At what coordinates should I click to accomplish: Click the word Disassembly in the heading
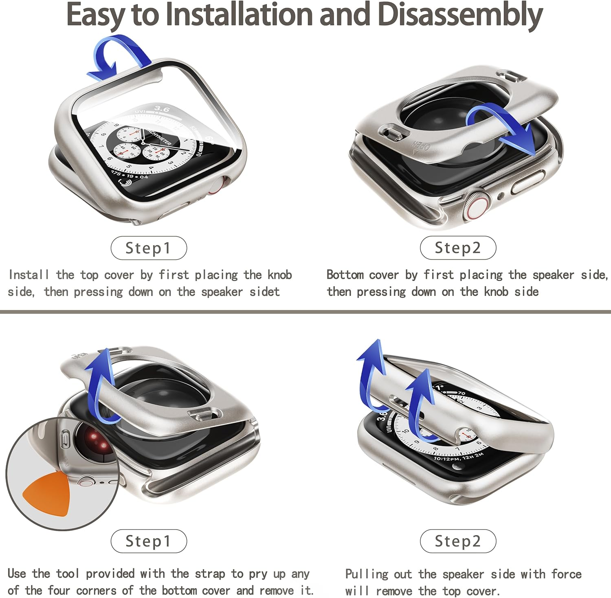pyautogui.click(x=460, y=15)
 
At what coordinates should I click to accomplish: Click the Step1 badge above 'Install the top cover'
pyautogui.click(x=149, y=248)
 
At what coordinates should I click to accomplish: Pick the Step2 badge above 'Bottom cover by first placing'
pyautogui.click(x=458, y=248)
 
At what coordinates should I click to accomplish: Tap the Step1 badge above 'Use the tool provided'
pyautogui.click(x=149, y=541)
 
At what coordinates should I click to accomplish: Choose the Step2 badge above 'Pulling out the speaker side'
pyautogui.click(x=458, y=541)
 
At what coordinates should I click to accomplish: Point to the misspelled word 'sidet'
pyautogui.click(x=265, y=292)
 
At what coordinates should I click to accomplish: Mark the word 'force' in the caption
pyautogui.click(x=566, y=574)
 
